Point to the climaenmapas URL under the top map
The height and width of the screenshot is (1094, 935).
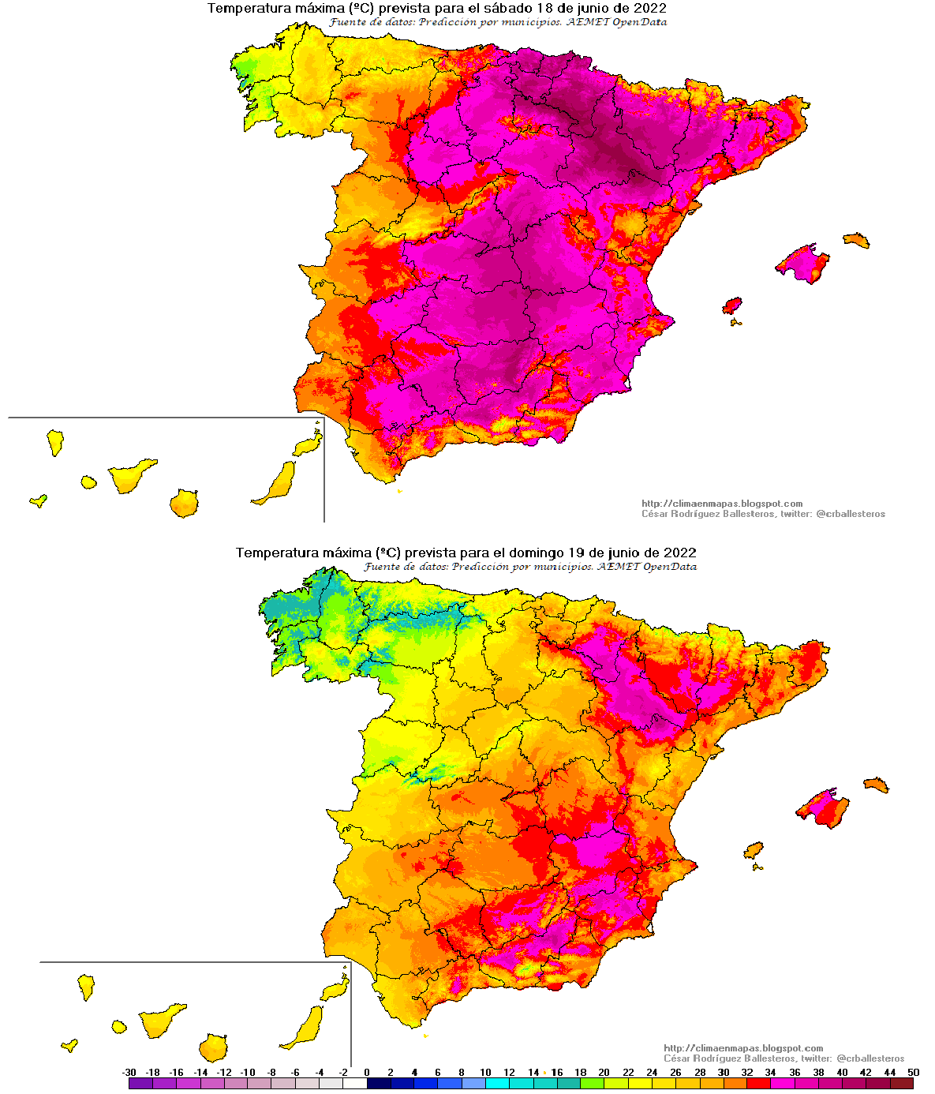click(722, 504)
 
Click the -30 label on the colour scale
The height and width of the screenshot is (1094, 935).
click(129, 1073)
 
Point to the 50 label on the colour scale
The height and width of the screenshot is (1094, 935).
click(913, 1073)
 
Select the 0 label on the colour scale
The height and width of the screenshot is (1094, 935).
click(367, 1073)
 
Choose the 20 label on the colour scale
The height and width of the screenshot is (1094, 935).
click(604, 1073)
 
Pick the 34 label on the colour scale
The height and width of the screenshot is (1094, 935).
click(771, 1073)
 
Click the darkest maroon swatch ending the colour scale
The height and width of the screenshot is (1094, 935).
click(901, 1084)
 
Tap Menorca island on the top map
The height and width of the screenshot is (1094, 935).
click(856, 240)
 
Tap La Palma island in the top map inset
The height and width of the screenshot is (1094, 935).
click(54, 441)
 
